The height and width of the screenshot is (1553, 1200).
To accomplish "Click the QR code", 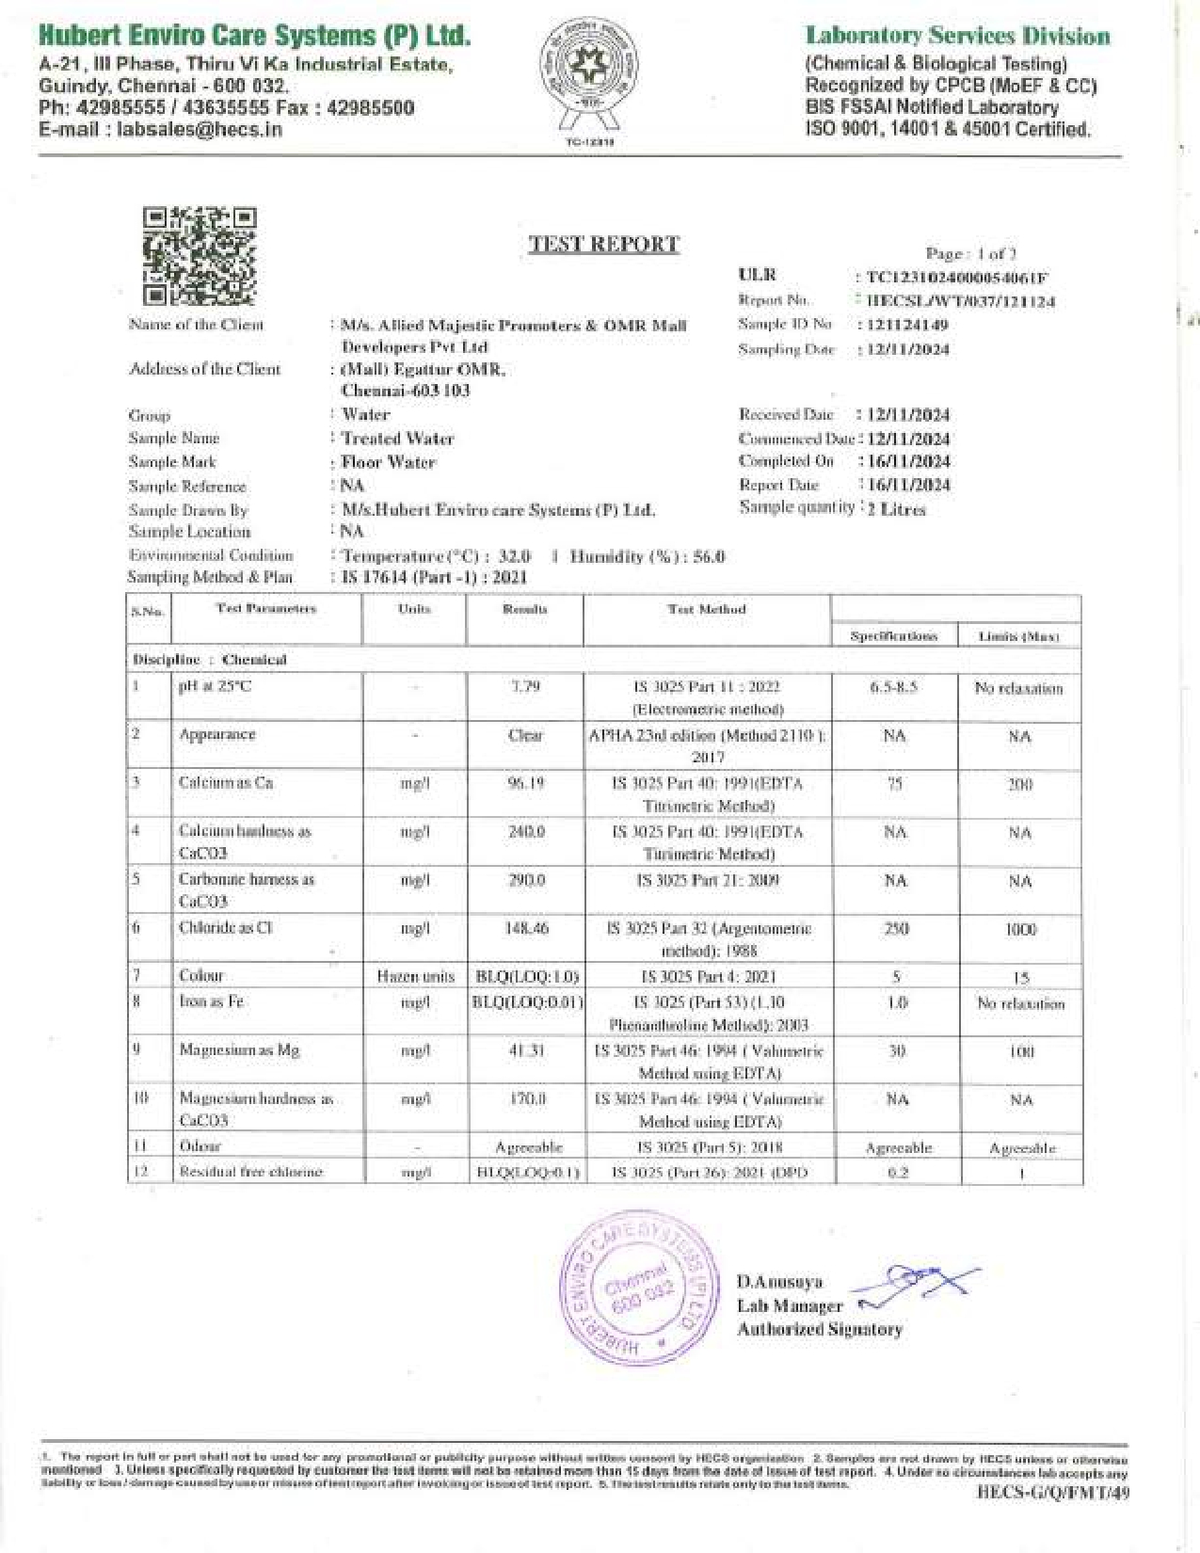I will [x=200, y=256].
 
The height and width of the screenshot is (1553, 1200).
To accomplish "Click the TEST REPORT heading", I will [x=603, y=245].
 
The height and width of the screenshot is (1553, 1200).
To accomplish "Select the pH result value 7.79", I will [x=525, y=687].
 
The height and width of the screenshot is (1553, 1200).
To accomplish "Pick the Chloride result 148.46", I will [x=525, y=928].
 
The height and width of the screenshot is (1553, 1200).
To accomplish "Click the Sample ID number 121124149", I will [x=906, y=325].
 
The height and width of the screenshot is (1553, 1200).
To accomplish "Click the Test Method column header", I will [x=706, y=609].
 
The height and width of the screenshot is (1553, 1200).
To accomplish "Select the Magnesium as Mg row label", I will [x=239, y=1050].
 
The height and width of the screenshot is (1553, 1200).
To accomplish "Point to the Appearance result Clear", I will [x=525, y=735].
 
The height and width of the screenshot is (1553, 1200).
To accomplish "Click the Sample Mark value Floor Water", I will [x=389, y=462].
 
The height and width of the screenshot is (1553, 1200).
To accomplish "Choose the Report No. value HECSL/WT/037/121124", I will [x=960, y=302].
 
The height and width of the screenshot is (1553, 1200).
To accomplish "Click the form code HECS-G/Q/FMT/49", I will [x=1052, y=1491].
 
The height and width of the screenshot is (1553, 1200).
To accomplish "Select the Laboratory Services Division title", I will [x=957, y=37].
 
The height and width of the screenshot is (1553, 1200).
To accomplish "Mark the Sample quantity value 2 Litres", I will [x=896, y=509].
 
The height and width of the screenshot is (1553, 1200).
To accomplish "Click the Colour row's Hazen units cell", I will [x=415, y=977].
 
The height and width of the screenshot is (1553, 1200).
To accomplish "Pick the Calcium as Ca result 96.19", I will [x=525, y=783].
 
